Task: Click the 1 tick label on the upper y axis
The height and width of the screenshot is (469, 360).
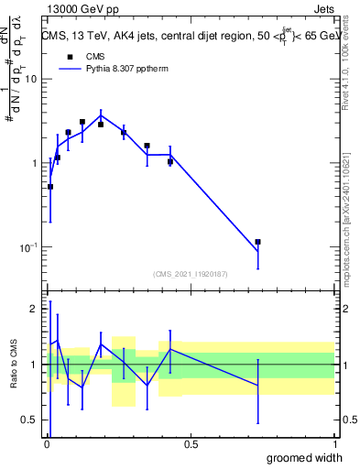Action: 34,163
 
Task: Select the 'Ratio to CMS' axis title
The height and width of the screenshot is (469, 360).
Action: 14,364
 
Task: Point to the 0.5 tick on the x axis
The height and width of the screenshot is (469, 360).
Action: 191,444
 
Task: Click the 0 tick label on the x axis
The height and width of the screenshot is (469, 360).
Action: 47,444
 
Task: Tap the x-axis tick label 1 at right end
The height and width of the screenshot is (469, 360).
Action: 334,444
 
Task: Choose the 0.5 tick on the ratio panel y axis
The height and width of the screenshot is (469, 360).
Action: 28,421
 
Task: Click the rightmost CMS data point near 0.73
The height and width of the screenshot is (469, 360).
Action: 258,242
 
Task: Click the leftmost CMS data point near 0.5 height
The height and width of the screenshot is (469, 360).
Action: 50,187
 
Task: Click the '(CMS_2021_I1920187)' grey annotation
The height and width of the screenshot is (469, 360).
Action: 190,274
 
